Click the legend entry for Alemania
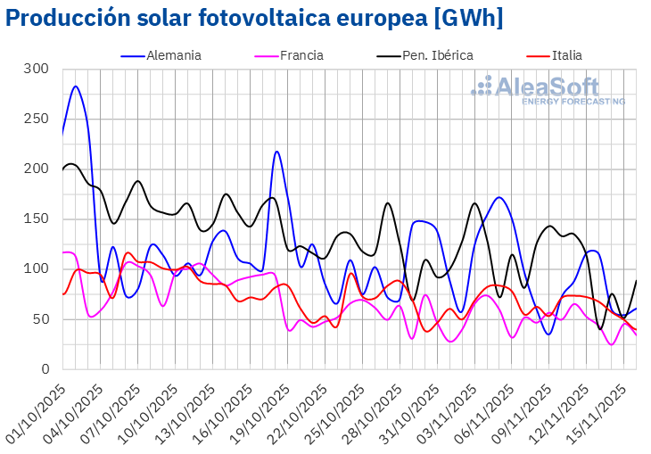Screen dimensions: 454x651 point(174,55)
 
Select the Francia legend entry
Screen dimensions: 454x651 point(301,55)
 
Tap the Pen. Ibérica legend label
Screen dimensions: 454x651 point(437,55)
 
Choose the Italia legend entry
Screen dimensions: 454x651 point(566,55)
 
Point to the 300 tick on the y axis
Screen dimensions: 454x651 point(37,69)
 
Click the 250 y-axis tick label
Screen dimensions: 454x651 point(37,119)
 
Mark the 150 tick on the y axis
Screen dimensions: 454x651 point(37,219)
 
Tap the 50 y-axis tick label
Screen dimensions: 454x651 point(40,319)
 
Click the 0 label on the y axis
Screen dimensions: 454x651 point(44,369)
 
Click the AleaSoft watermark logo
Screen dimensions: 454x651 point(548,87)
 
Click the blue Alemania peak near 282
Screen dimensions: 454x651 point(76,87)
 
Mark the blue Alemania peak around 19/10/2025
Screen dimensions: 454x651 point(277,152)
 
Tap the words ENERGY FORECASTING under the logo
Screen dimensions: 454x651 point(573,102)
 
